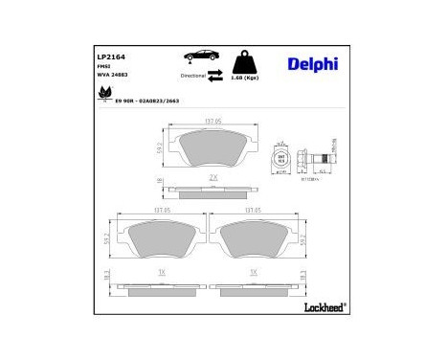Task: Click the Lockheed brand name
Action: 324,307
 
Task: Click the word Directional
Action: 194,74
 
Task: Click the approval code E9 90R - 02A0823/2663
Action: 146,99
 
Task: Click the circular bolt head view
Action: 279,159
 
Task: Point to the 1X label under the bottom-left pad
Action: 159,272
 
